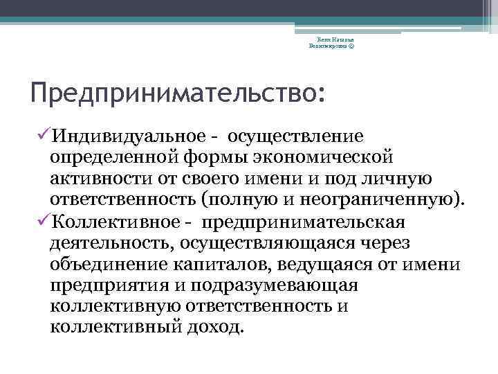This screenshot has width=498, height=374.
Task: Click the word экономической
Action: [316, 155]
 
